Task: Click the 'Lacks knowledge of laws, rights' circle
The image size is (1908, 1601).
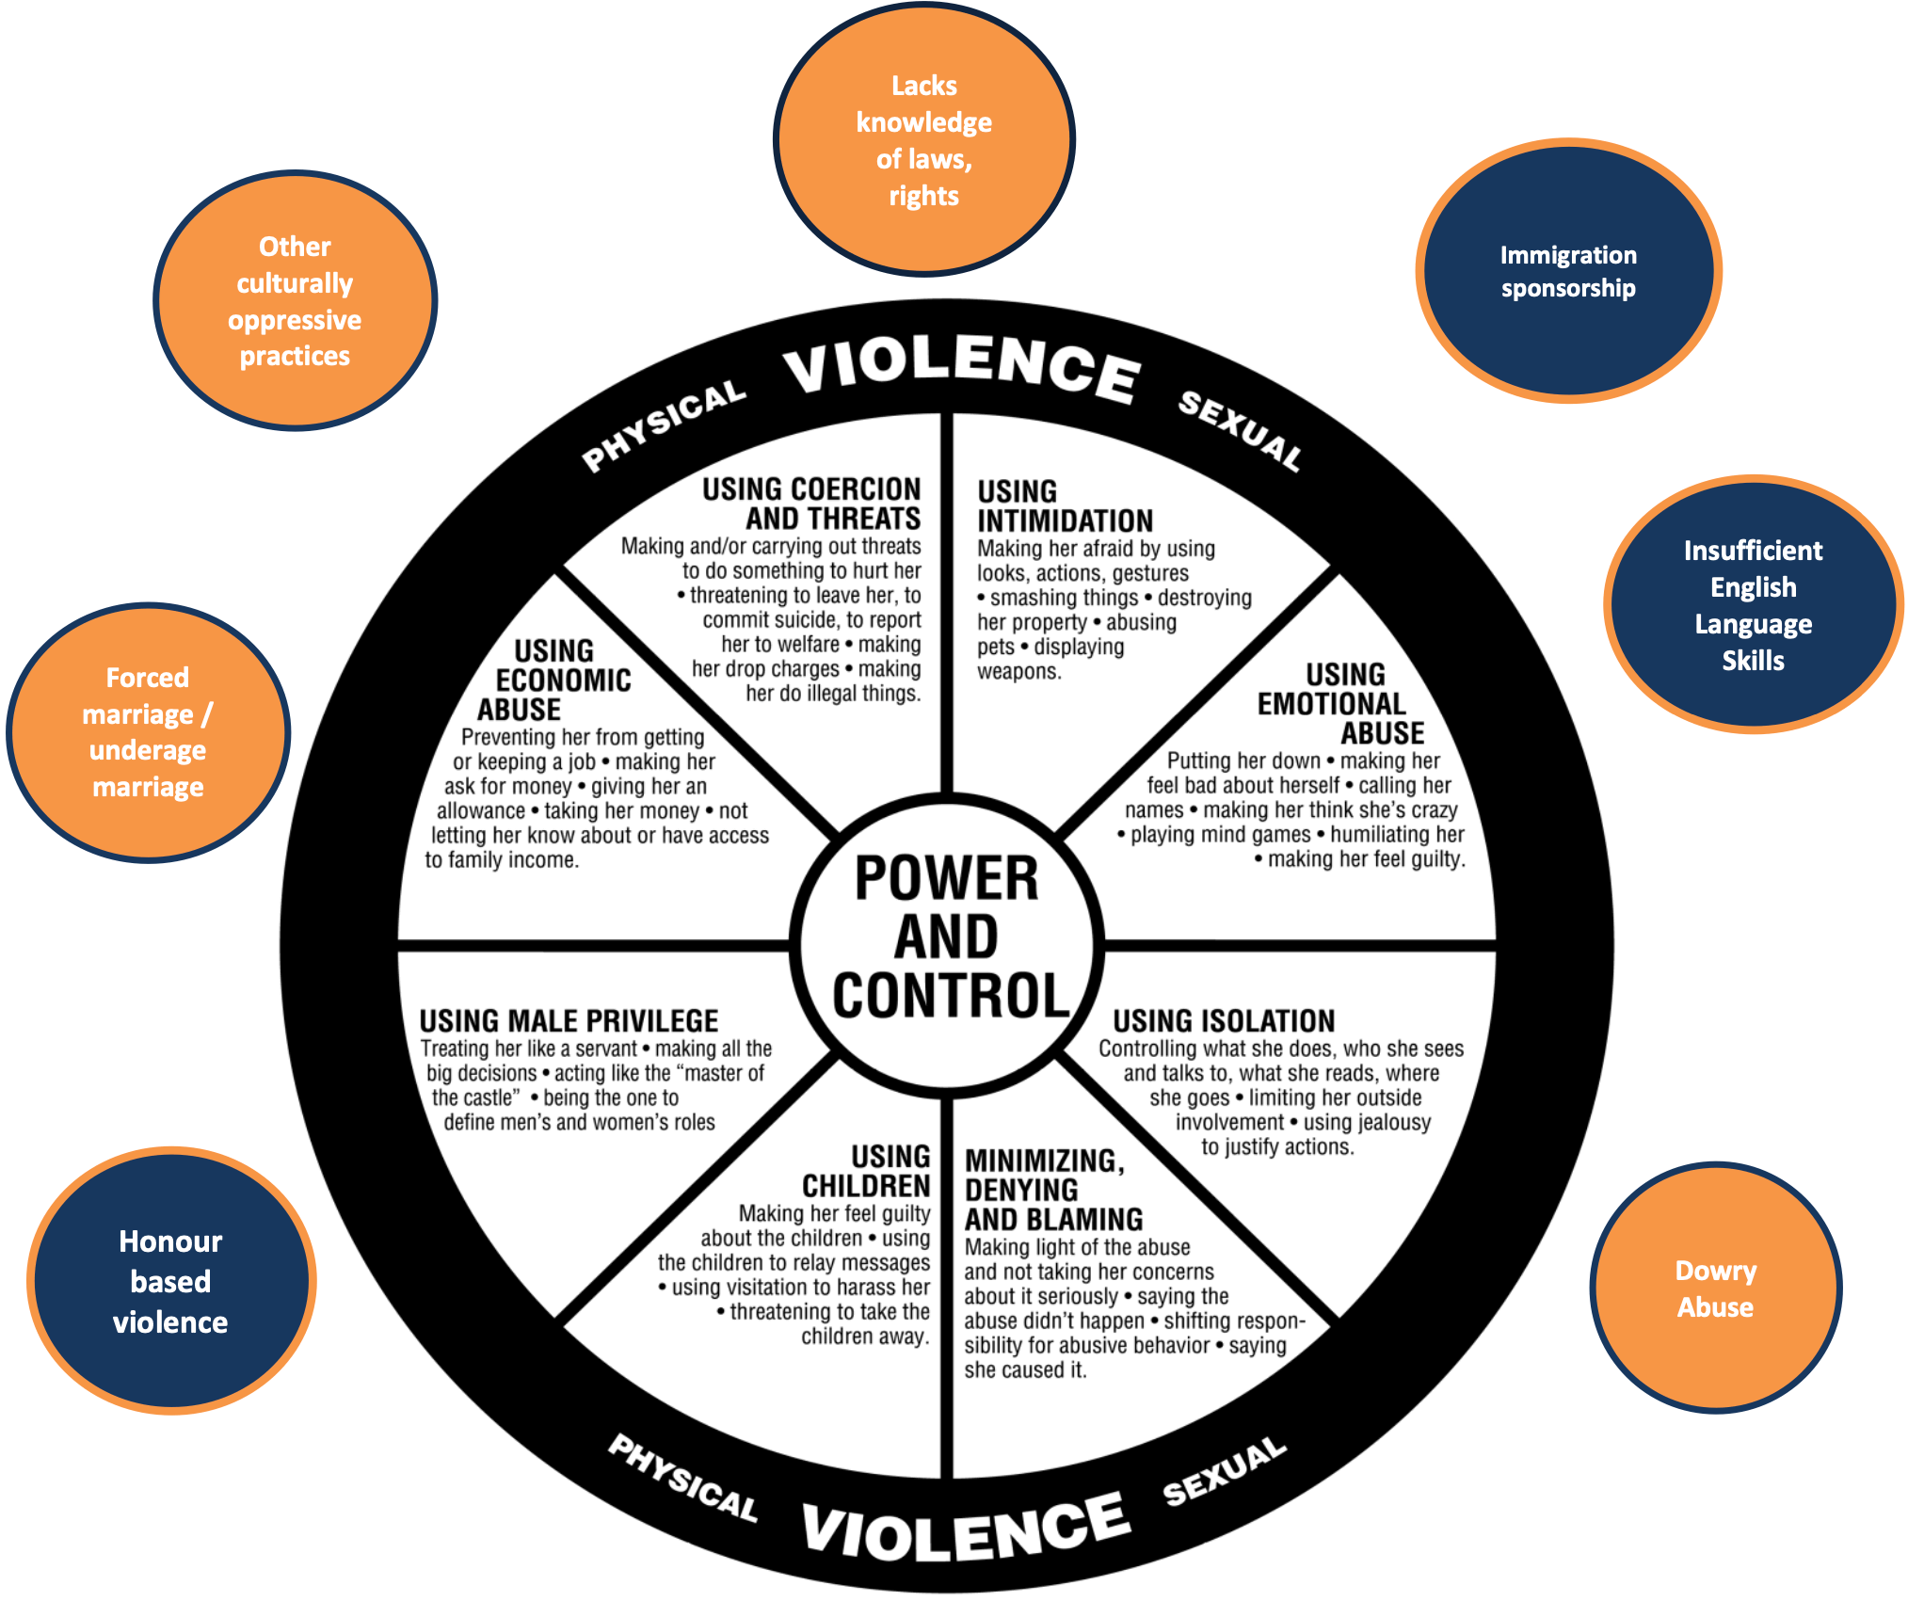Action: [923, 140]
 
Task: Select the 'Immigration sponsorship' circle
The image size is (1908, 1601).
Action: [1568, 271]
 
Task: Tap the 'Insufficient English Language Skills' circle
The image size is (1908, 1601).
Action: [1753, 604]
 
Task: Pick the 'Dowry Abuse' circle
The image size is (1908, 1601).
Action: [1715, 1289]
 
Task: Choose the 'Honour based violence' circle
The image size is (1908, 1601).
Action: [171, 1281]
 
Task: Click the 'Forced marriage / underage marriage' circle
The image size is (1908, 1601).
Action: [148, 732]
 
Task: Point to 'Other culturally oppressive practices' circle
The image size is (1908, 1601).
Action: [295, 301]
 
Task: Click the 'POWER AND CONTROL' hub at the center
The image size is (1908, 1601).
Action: [947, 937]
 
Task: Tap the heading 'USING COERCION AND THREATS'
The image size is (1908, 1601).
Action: [812, 504]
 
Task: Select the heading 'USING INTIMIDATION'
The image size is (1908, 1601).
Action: [1064, 506]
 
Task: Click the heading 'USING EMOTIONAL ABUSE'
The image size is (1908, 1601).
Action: [1342, 703]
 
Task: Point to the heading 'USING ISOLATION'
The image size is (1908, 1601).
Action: [1224, 1021]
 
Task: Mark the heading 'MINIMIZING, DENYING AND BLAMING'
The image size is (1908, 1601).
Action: [1052, 1190]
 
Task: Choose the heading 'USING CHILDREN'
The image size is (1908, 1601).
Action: [867, 1171]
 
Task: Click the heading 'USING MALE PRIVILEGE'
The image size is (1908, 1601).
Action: [569, 1021]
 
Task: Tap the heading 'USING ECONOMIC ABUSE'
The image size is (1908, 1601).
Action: [555, 680]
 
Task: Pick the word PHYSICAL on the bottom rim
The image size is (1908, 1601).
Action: [682, 1478]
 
